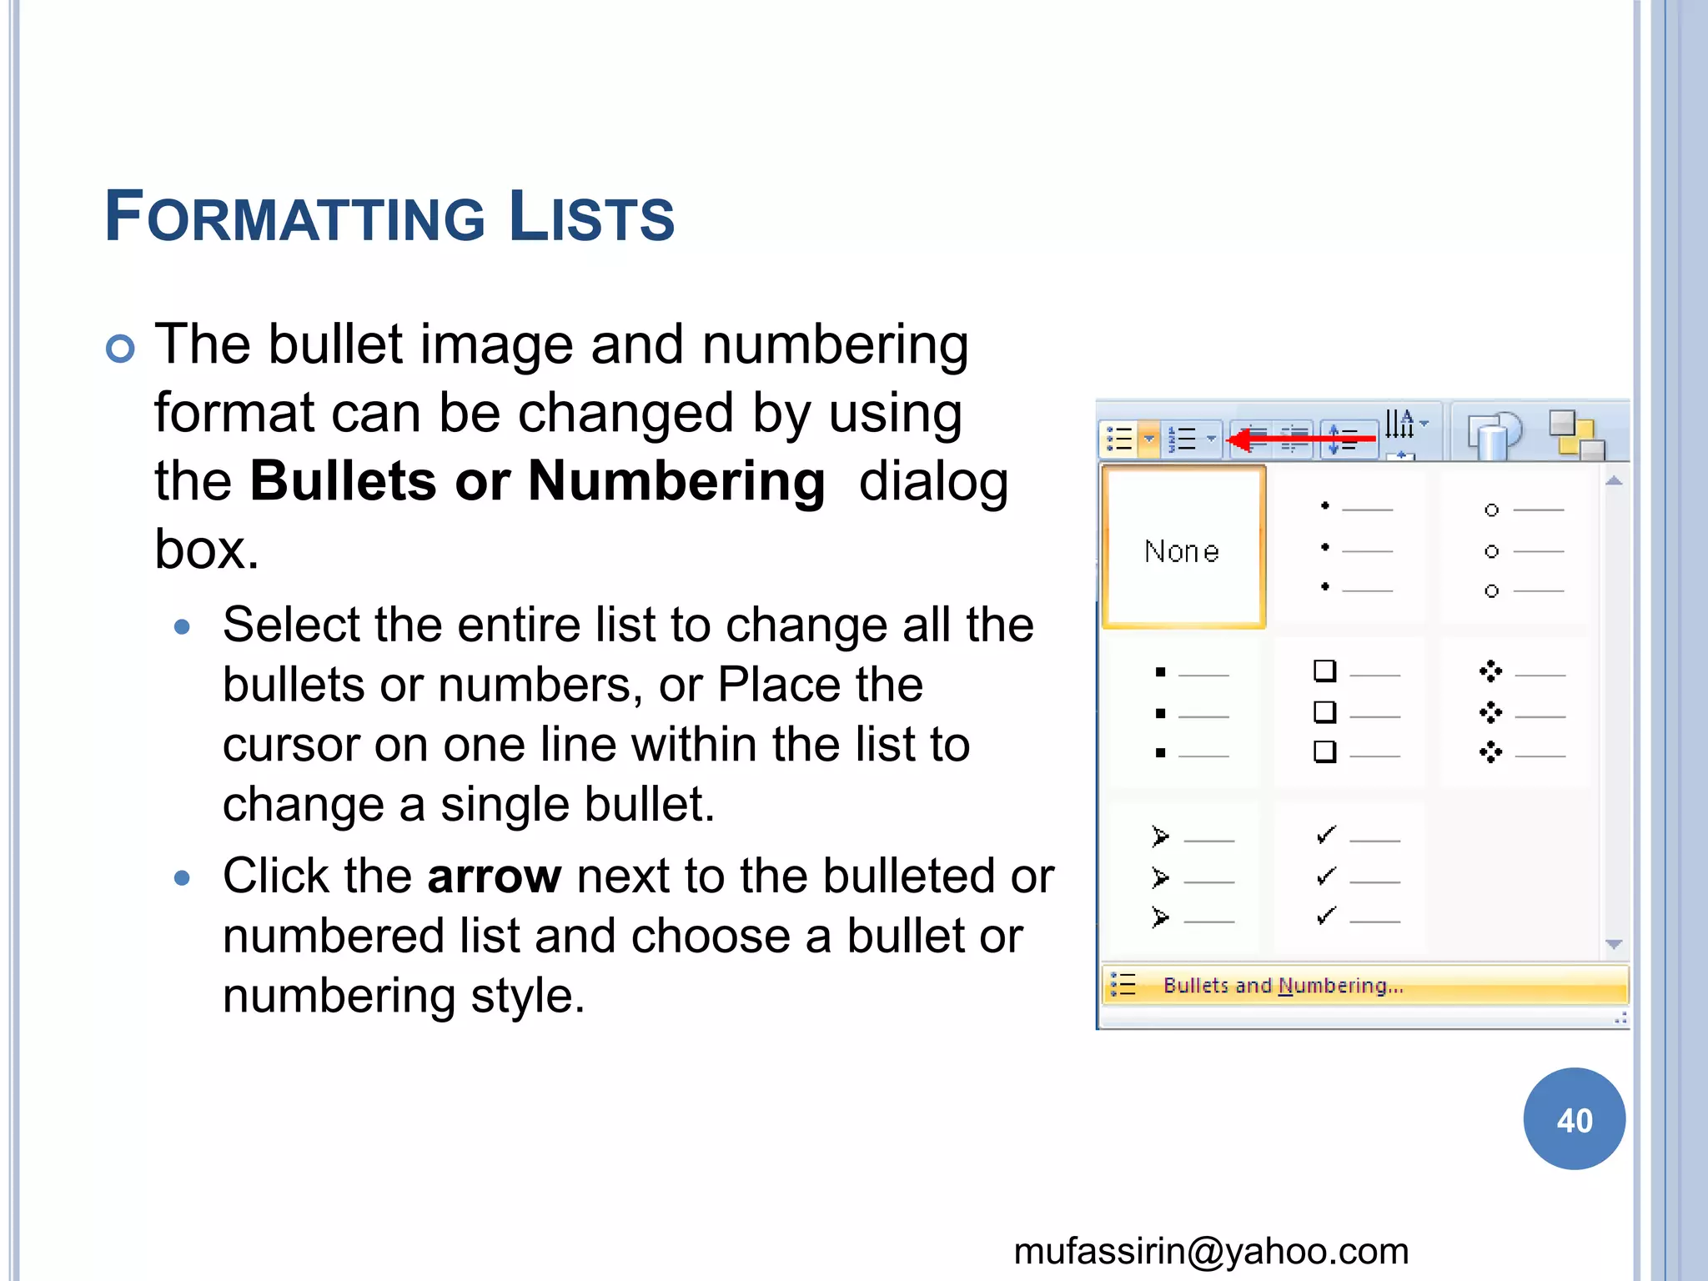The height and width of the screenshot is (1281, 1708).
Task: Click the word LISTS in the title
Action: tap(591, 218)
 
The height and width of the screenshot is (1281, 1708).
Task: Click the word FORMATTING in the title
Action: tap(295, 218)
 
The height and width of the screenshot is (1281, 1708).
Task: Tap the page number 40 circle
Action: tap(1574, 1119)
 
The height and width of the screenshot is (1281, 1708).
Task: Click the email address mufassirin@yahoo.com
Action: tap(1211, 1251)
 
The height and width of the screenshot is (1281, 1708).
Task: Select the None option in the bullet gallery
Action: tap(1183, 549)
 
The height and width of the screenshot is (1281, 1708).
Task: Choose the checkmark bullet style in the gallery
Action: tap(1352, 877)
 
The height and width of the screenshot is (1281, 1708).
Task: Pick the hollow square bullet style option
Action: tap(1352, 713)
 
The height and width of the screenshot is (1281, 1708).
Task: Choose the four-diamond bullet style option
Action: tap(1517, 713)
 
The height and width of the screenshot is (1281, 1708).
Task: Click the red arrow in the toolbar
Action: tap(1301, 439)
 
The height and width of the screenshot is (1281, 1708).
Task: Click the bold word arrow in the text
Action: tap(495, 877)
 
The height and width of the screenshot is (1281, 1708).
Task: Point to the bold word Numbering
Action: tap(676, 481)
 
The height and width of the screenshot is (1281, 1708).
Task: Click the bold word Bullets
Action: tap(343, 481)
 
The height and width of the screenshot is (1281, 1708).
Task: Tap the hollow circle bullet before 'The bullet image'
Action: tap(120, 349)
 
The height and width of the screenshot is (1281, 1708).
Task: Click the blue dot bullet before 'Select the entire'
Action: tap(182, 627)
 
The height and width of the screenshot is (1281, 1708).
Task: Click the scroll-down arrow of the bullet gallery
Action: tap(1615, 945)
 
